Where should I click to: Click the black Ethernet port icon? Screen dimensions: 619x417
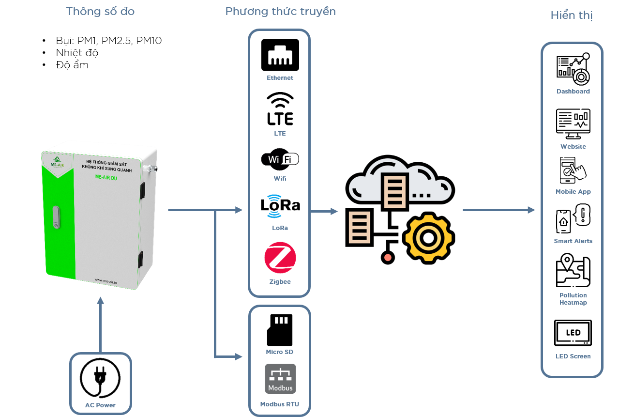click(x=280, y=55)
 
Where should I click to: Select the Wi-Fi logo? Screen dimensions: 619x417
click(x=280, y=159)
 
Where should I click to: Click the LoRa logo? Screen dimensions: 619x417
click(x=280, y=206)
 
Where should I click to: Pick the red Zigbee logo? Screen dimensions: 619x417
click(x=280, y=258)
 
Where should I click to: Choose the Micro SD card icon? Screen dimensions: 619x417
click(x=280, y=330)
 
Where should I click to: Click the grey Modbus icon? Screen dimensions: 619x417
click(x=280, y=379)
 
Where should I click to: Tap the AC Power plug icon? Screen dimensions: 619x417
click(x=100, y=378)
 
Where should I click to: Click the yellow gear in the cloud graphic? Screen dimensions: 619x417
click(x=428, y=238)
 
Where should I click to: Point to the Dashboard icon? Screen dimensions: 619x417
click(x=573, y=69)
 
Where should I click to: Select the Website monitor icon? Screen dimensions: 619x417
click(x=573, y=124)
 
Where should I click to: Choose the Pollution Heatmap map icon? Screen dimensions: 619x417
click(x=573, y=270)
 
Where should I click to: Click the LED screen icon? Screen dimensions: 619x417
click(x=573, y=333)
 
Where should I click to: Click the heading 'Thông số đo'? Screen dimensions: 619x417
click(x=100, y=11)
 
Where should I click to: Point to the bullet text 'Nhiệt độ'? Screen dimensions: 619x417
click(x=77, y=52)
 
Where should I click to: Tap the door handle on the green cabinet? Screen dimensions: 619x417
click(x=56, y=217)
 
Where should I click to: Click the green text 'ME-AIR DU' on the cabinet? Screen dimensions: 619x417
click(x=106, y=177)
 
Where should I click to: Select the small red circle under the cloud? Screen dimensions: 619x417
click(x=388, y=258)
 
